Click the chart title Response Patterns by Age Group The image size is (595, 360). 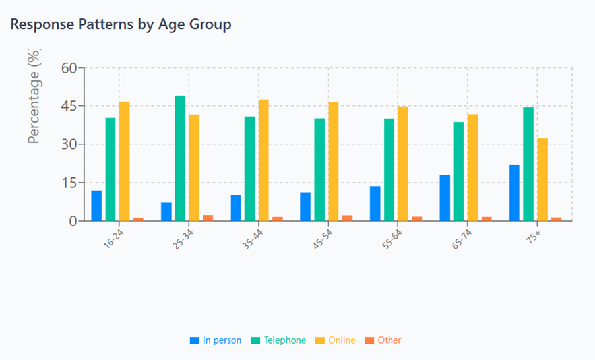[121, 25]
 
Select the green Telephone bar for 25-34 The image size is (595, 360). [180, 158]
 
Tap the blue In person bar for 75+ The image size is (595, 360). [514, 193]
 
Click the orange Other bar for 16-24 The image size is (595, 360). [139, 219]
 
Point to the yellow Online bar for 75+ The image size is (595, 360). [542, 179]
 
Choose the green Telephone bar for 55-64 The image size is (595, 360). [389, 169]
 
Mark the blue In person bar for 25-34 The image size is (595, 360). [166, 212]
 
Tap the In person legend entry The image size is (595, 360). [216, 340]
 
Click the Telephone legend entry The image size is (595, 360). [278, 340]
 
